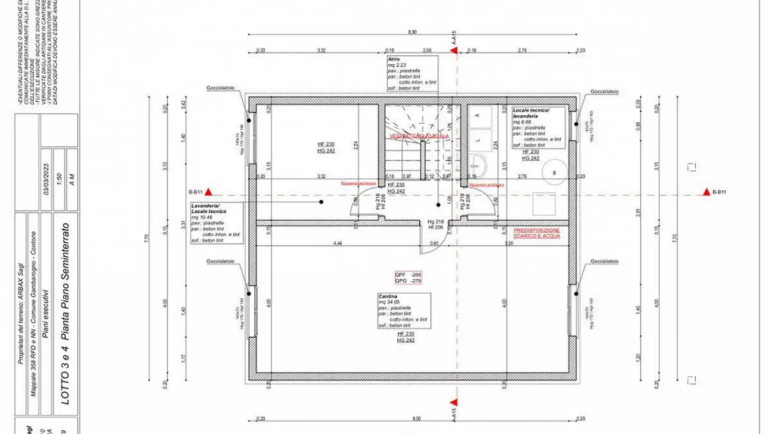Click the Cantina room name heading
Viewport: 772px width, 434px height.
point(388,296)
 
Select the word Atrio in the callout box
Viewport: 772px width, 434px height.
point(394,59)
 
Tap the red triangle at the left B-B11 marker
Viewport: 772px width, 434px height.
point(210,192)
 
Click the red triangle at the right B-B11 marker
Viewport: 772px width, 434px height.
point(706,192)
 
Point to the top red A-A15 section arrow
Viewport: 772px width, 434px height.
point(454,50)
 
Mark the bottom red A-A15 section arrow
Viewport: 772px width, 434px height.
point(454,402)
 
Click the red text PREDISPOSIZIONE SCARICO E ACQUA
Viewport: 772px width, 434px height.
point(537,233)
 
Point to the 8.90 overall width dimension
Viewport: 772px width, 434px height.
point(412,33)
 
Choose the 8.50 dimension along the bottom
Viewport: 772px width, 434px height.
point(412,418)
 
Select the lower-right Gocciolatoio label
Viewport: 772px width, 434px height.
point(605,261)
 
